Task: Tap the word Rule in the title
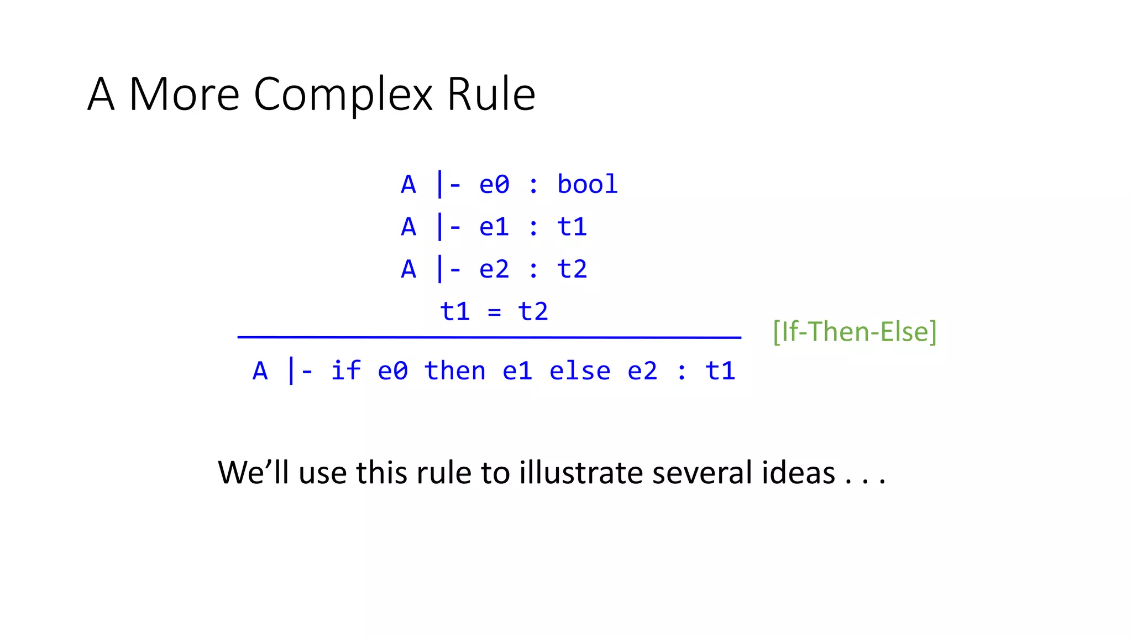click(x=491, y=94)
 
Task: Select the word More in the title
click(x=184, y=94)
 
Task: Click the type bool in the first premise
click(x=587, y=184)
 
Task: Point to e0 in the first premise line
click(x=494, y=184)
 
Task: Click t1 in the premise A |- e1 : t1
click(x=572, y=227)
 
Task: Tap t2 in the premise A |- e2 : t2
click(x=572, y=269)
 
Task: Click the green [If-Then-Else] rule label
click(x=855, y=332)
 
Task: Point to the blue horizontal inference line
click(x=489, y=337)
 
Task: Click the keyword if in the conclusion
click(x=345, y=370)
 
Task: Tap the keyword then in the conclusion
click(x=455, y=370)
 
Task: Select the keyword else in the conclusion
click(x=580, y=370)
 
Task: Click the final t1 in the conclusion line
click(x=720, y=370)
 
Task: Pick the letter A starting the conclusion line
click(x=260, y=371)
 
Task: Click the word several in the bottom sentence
click(x=702, y=473)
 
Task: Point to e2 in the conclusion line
click(x=642, y=370)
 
